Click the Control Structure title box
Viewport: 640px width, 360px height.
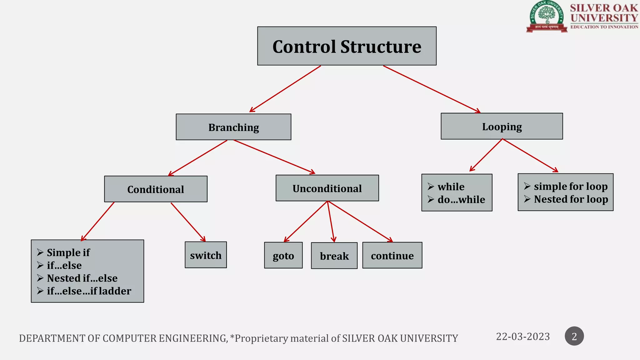pos(347,46)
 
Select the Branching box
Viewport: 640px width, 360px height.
pos(233,127)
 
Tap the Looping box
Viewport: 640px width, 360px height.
pos(502,127)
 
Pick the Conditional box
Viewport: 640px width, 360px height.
pos(156,189)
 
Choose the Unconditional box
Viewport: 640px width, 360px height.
pos(327,188)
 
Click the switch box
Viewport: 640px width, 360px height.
pos(206,255)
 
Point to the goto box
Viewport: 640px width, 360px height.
pos(283,256)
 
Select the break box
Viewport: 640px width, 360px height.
pos(334,256)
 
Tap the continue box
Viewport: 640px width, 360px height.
pos(392,256)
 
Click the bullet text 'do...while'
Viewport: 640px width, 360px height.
pos(461,199)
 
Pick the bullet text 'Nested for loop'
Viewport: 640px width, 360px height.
pos(571,199)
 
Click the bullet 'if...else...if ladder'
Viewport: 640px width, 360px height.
pos(89,291)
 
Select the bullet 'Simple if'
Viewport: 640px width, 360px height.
pos(68,252)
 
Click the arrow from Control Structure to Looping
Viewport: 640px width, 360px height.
pos(431,89)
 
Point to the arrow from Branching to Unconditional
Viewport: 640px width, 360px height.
pos(274,157)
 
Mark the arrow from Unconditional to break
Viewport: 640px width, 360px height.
pos(331,221)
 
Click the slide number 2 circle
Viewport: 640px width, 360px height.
pos(574,336)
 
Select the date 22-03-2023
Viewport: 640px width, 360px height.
pos(523,337)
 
